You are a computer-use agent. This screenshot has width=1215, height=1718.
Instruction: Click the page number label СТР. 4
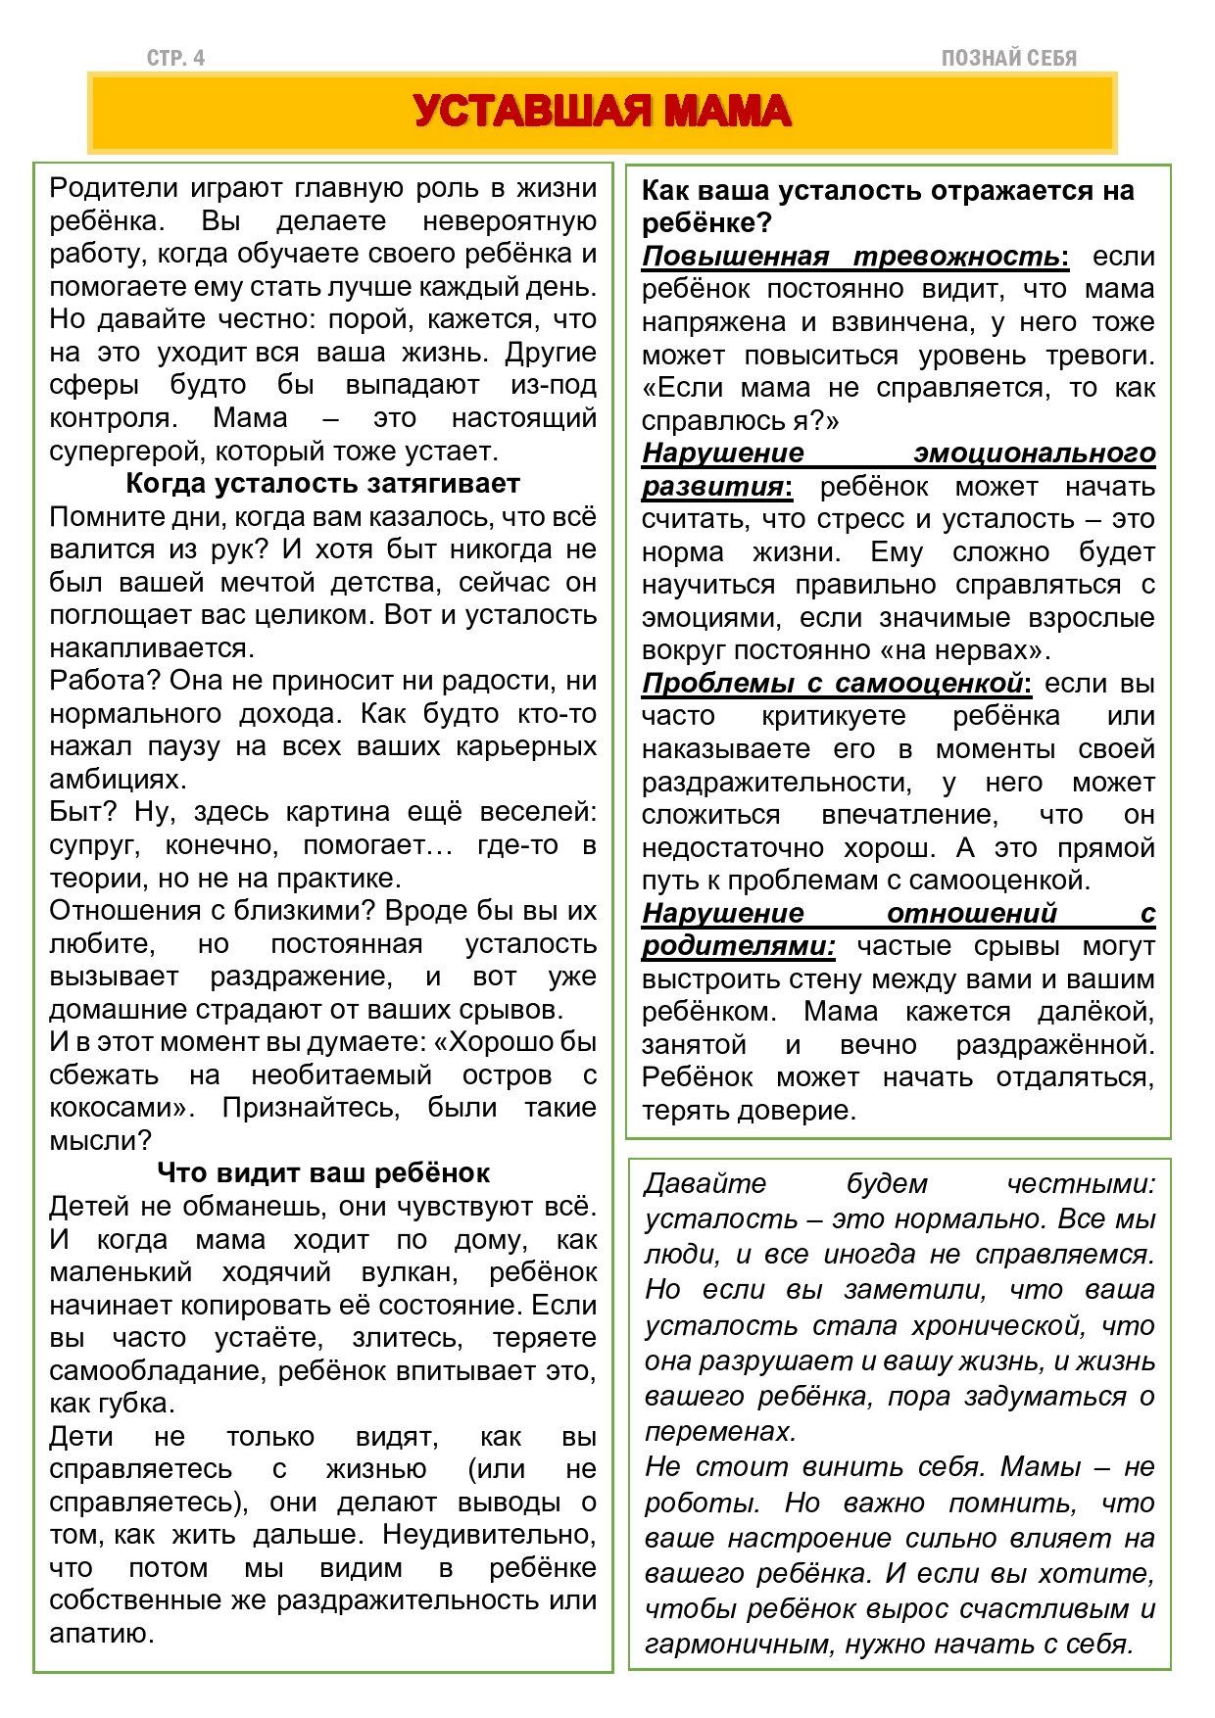point(175,59)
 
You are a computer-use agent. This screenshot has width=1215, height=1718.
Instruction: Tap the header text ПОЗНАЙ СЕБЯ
point(1008,59)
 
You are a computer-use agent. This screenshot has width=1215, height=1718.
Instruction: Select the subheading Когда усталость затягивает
point(322,484)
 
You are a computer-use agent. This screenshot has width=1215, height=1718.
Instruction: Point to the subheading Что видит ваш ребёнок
point(322,1172)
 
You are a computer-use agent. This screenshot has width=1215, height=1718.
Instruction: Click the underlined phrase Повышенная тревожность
point(850,257)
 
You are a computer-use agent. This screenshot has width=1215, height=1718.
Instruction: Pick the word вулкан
point(409,1272)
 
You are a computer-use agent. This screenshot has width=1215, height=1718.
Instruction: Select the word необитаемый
point(341,1075)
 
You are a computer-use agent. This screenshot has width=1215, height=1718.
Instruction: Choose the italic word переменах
point(718,1432)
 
